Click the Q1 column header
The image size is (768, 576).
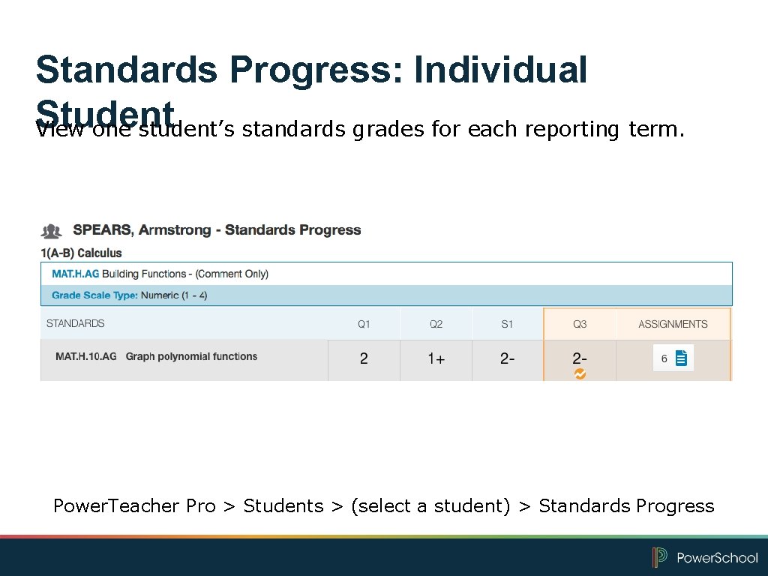(364, 324)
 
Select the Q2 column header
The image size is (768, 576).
(436, 324)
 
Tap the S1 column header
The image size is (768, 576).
(508, 324)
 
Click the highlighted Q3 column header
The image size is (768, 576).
(580, 324)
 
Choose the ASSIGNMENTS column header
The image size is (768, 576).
(673, 324)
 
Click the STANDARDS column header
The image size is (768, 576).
(76, 323)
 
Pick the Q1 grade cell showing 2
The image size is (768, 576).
(364, 358)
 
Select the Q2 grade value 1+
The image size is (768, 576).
(436, 359)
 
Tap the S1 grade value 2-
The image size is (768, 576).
(508, 358)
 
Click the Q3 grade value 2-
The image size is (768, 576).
(580, 358)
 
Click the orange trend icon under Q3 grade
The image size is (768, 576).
(580, 373)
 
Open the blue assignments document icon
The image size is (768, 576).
(681, 358)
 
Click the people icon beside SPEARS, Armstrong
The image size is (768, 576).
(52, 231)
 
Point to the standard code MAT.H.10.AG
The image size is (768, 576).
(86, 356)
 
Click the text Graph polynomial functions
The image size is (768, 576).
(191, 356)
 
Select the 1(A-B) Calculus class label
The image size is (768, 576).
(81, 253)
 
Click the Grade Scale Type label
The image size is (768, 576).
(94, 295)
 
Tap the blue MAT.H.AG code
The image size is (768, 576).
(75, 274)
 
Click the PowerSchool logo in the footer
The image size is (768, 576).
(705, 557)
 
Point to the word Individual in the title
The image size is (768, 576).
(500, 70)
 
